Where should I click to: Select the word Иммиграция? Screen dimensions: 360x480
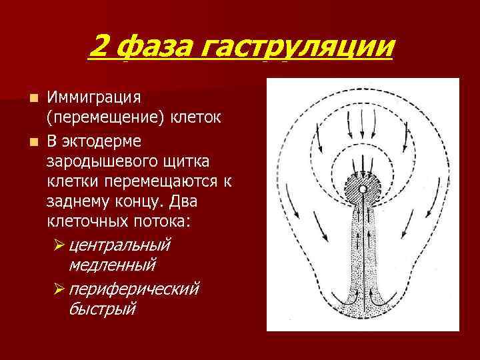point(94,98)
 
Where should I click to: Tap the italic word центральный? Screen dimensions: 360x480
point(120,244)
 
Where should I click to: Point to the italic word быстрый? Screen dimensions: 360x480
point(103,309)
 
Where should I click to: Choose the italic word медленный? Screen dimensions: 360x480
point(112,265)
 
